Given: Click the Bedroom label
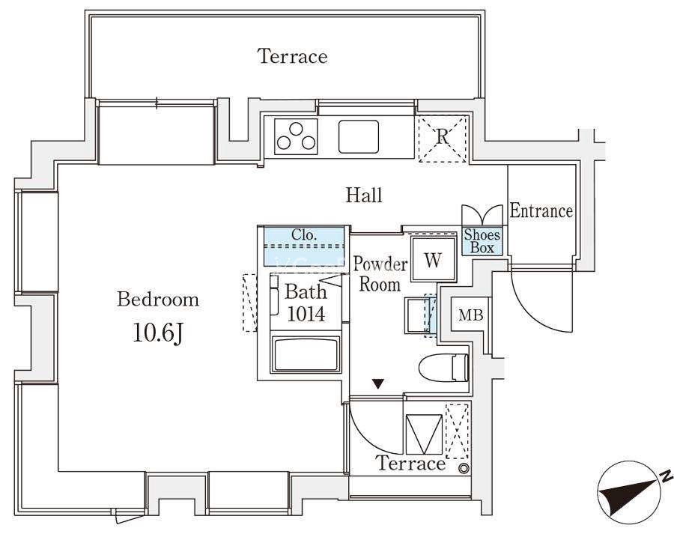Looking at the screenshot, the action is [x=158, y=300].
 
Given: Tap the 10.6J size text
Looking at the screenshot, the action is [x=158, y=333].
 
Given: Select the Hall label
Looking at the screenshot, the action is [x=364, y=195].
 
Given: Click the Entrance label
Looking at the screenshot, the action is [x=541, y=210].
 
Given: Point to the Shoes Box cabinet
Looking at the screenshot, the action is [x=482, y=241].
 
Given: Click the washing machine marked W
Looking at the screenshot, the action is [x=432, y=259].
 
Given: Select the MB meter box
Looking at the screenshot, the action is [x=471, y=315].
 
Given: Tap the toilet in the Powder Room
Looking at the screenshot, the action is [x=443, y=368].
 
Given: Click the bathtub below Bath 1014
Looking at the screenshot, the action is [x=306, y=354].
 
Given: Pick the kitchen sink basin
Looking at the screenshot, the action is [x=359, y=136].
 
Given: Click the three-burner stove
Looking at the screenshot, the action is [x=296, y=137].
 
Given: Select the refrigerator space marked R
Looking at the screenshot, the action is [x=443, y=139].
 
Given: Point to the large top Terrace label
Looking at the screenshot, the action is [x=293, y=56].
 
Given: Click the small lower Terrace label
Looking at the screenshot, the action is [x=410, y=463].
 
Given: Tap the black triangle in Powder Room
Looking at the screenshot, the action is [x=378, y=383].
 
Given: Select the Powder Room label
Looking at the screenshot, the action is [x=380, y=274].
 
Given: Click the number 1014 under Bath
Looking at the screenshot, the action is [x=306, y=314].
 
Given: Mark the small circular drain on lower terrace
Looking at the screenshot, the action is [x=464, y=469].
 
